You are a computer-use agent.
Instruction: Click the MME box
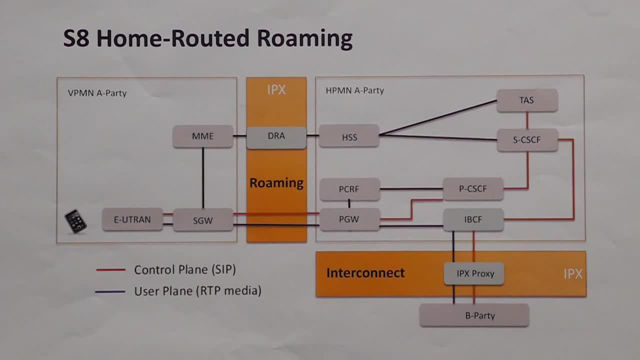pyautogui.click(x=202, y=136)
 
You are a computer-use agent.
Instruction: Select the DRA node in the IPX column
pyautogui.click(x=276, y=136)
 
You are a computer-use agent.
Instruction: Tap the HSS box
pyautogui.click(x=349, y=136)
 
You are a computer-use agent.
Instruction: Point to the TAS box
pyautogui.click(x=526, y=100)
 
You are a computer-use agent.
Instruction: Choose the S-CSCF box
pyautogui.click(x=527, y=140)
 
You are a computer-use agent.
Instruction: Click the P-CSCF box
pyautogui.click(x=472, y=189)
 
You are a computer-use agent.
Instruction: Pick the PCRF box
pyautogui.click(x=349, y=189)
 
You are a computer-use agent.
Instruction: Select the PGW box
pyautogui.click(x=349, y=219)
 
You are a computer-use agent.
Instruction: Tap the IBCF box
pyautogui.click(x=473, y=219)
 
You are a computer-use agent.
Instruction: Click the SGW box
pyautogui.click(x=202, y=220)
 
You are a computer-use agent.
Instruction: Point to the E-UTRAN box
pyautogui.click(x=132, y=219)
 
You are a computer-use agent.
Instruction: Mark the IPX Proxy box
pyautogui.click(x=474, y=273)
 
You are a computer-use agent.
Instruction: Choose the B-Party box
pyautogui.click(x=474, y=315)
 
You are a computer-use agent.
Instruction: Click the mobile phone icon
pyautogui.click(x=75, y=221)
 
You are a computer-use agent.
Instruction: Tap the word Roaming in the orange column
pyautogui.click(x=276, y=183)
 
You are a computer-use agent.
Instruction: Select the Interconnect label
pyautogui.click(x=365, y=273)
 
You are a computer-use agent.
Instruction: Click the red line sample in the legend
pyautogui.click(x=110, y=270)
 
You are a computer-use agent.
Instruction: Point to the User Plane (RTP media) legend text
pyautogui.click(x=197, y=290)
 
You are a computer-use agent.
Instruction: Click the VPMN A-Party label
pyautogui.click(x=97, y=93)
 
